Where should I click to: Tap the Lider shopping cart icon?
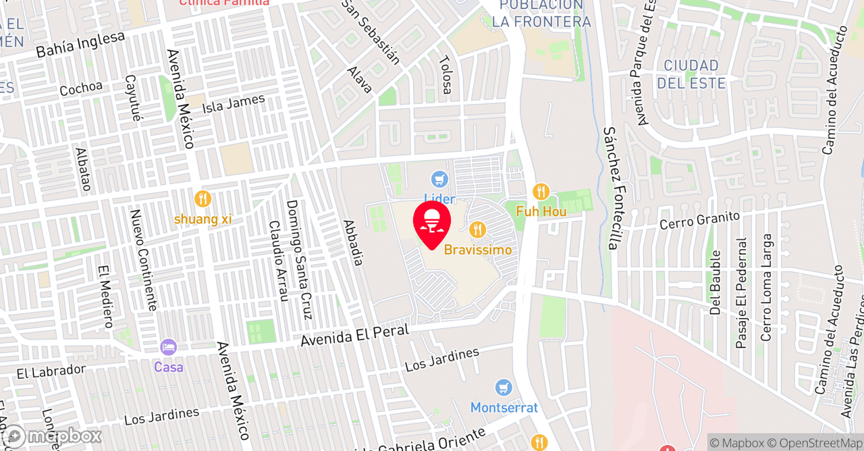440,180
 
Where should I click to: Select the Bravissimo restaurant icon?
478,230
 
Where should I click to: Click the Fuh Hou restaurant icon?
541,192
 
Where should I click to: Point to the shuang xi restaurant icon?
202,199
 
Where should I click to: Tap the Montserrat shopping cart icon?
504,388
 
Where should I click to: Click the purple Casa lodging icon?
168,348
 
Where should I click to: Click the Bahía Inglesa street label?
81,44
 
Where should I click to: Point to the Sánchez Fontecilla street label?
612,188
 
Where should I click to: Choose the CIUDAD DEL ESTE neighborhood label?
691,74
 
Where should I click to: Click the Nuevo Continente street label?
144,260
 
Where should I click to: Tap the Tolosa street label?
446,74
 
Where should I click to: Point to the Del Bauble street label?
715,282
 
